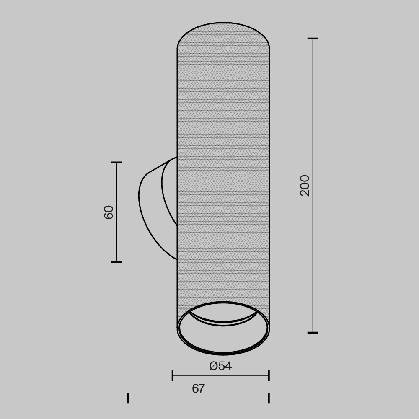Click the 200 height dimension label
[305, 185]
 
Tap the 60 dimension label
[109, 212]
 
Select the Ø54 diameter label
[220, 366]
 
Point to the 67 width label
[198, 389]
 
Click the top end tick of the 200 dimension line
[313, 39]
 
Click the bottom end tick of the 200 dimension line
[313, 333]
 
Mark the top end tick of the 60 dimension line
[117, 162]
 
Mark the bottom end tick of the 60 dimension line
[117, 262]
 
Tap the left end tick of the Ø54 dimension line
[173, 375]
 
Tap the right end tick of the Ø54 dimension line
[269, 375]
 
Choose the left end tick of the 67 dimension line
[128, 398]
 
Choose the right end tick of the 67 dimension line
[269, 398]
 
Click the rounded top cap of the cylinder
[223, 34]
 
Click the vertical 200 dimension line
[313, 251]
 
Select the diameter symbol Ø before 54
[214, 366]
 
